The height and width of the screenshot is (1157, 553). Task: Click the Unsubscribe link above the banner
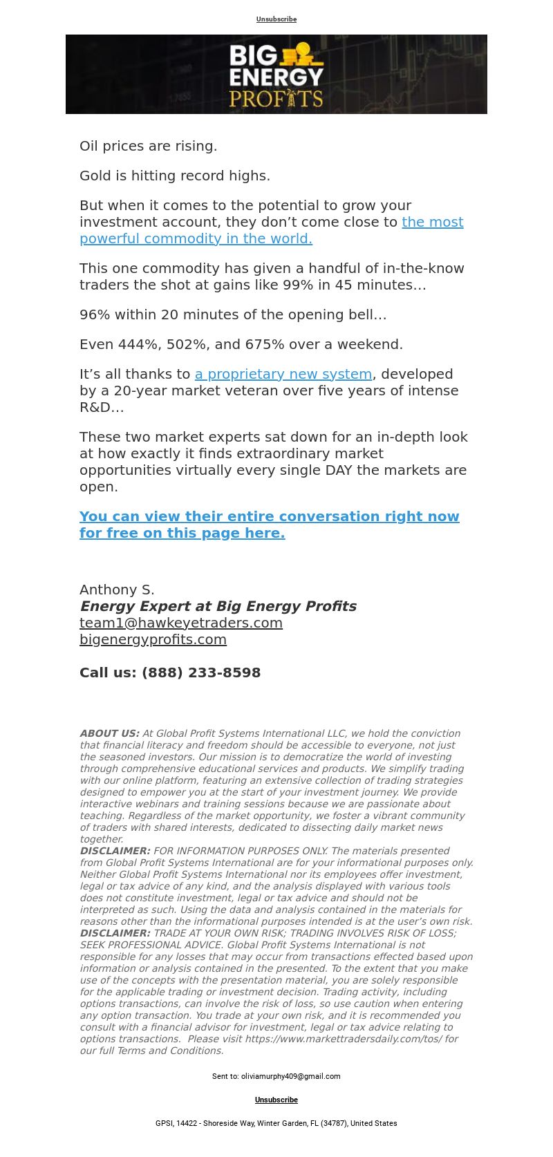click(276, 19)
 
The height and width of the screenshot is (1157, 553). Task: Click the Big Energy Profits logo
click(276, 75)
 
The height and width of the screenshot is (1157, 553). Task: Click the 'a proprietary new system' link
click(283, 374)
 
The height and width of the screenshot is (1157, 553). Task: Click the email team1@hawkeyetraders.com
click(181, 623)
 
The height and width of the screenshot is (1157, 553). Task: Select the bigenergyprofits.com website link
click(153, 639)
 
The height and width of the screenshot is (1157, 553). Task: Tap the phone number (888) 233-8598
click(201, 672)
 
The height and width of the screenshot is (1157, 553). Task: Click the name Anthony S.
click(117, 590)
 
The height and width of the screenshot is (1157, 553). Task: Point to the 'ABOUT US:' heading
click(109, 733)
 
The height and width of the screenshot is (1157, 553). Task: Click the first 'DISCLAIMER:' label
click(115, 851)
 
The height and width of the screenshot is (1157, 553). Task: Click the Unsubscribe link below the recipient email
click(276, 1100)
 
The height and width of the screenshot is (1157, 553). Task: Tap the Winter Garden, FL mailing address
click(276, 1123)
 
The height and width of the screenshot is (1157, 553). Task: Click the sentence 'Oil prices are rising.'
click(149, 146)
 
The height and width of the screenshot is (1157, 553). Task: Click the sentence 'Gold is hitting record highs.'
click(175, 176)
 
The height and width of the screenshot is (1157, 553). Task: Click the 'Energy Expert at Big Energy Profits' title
click(218, 606)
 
